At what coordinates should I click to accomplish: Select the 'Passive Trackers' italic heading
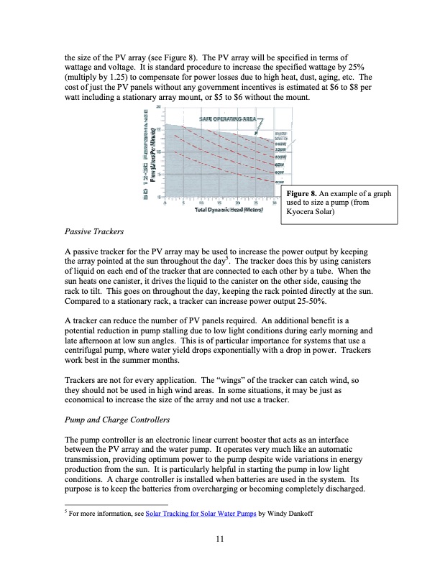pyautogui.click(x=94, y=233)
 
